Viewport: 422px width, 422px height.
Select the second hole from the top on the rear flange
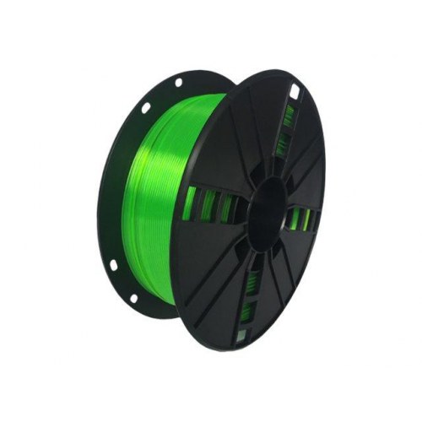tap(145, 107)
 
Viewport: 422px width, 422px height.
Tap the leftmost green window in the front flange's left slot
tap(191, 203)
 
